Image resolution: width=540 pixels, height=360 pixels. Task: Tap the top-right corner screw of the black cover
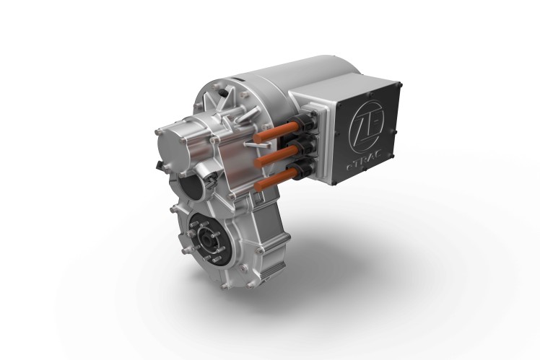pyautogui.click(x=400, y=84)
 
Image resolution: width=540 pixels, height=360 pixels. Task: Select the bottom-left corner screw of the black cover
pyautogui.click(x=335, y=180)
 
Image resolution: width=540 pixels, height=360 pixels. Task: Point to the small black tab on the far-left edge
pyautogui.click(x=157, y=166)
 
